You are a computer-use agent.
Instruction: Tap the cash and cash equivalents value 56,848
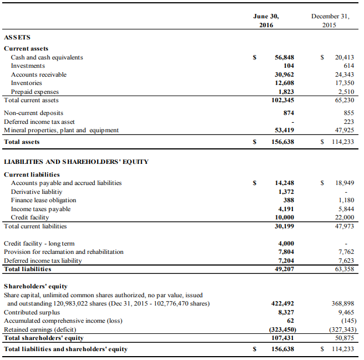(284, 57)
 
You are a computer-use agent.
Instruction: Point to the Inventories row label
(26, 83)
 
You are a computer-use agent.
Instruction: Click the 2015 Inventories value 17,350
(344, 83)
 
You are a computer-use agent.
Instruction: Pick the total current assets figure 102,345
(281, 101)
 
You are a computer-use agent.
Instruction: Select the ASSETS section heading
(17, 37)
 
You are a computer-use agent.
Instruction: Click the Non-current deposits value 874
(289, 113)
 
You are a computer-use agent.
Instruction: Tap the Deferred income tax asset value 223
(348, 121)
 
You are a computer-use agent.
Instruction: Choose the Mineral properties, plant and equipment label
(61, 130)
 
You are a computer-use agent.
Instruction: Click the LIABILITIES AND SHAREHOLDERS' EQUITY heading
(76, 162)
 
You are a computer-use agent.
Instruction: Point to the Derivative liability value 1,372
(285, 192)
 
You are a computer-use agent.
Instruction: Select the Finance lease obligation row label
(43, 200)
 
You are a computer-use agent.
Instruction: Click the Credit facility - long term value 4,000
(285, 243)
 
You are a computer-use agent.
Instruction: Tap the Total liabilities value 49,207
(284, 269)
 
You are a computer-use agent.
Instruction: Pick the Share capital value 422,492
(282, 303)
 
